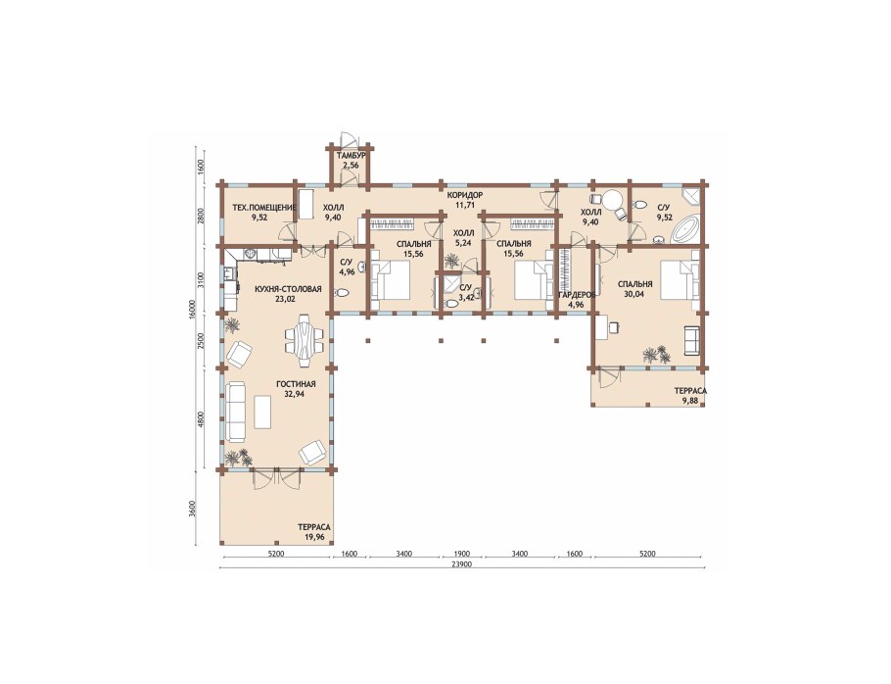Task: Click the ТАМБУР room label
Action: tap(351, 156)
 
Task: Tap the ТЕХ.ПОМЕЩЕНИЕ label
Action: tap(264, 208)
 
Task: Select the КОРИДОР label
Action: tap(464, 195)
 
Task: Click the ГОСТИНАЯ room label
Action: tap(296, 384)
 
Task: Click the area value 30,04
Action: tap(635, 294)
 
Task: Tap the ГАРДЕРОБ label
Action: tap(576, 295)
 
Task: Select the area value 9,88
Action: tap(690, 400)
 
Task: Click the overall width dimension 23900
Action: tap(461, 564)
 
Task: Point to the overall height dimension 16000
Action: tap(193, 311)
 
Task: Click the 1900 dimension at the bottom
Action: tap(462, 554)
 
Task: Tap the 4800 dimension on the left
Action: tap(201, 419)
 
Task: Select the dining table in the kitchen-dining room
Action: tap(303, 342)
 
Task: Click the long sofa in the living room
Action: tap(235, 412)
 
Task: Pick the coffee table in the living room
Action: tap(262, 413)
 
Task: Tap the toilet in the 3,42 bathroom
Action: tap(450, 304)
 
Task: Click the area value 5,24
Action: tap(463, 241)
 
